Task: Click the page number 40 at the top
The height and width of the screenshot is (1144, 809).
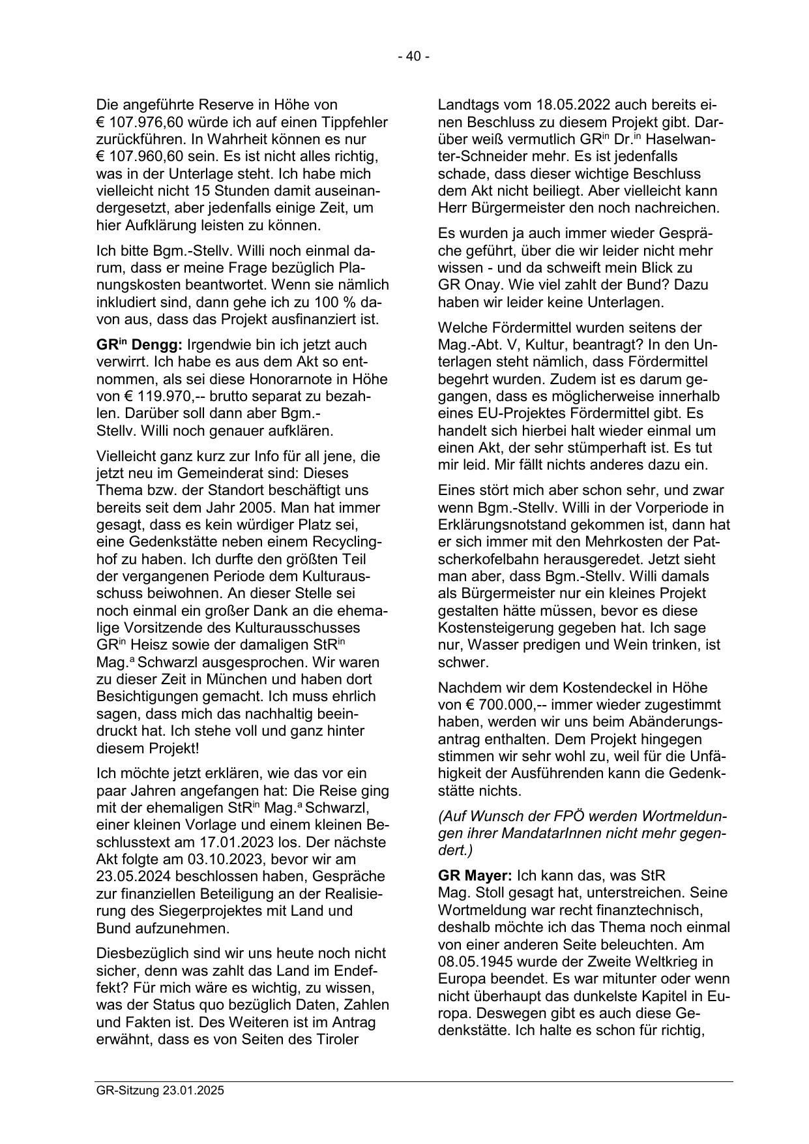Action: (413, 57)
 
